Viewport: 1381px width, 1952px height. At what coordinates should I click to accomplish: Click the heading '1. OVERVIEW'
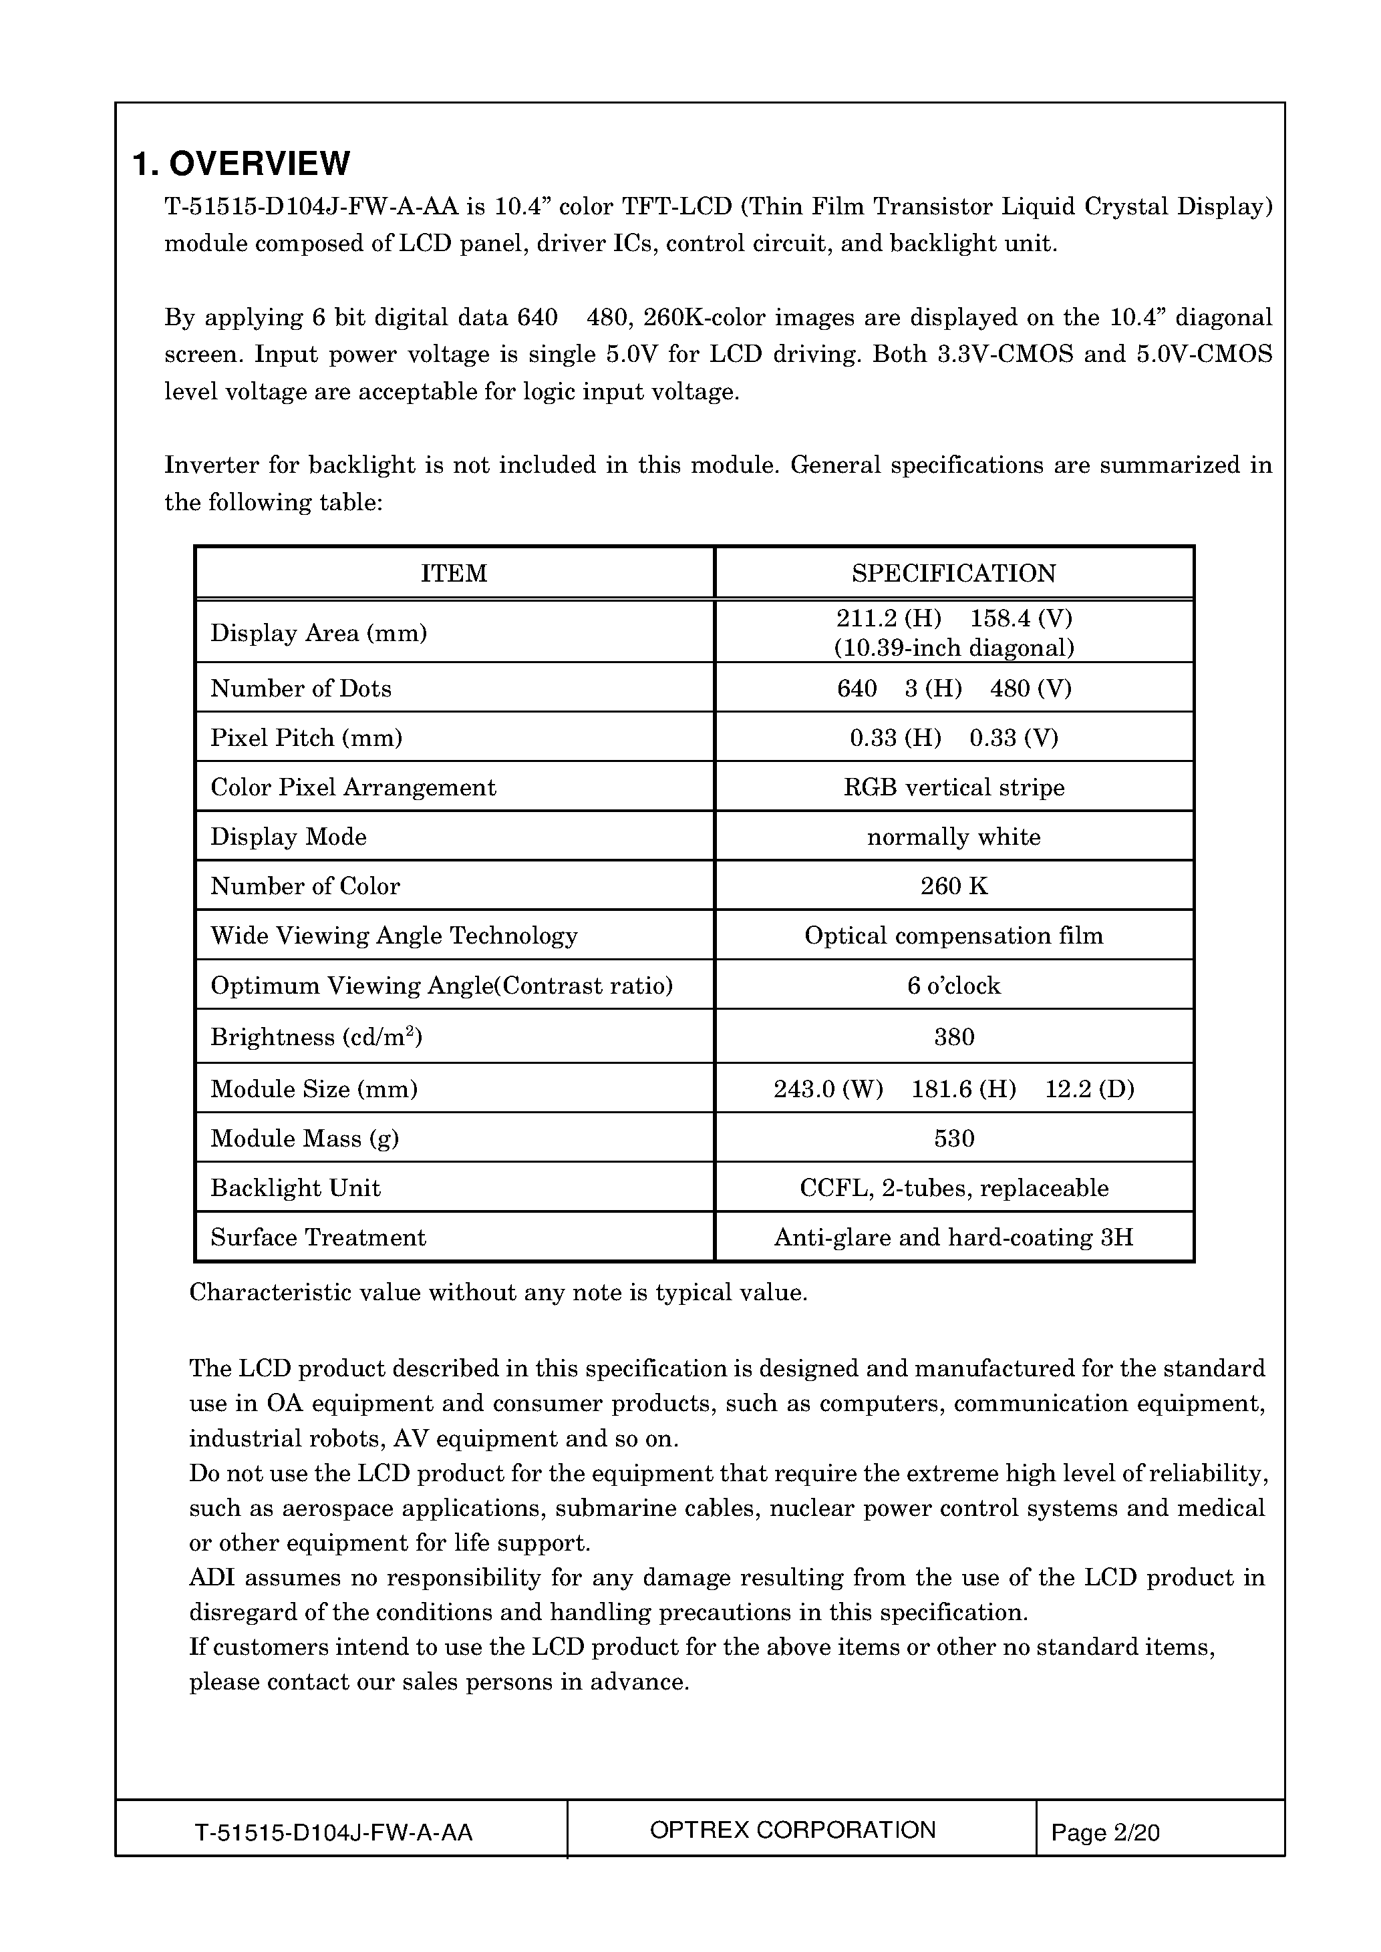click(x=241, y=163)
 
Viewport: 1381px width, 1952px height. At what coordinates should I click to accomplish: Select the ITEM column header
click(x=454, y=573)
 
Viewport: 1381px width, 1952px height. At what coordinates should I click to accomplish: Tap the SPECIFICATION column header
click(x=953, y=573)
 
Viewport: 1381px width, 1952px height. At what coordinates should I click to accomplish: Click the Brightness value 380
click(x=953, y=1036)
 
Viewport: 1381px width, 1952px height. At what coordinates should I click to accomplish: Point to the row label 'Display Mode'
click(x=288, y=837)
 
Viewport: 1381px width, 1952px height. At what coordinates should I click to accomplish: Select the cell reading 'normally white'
click(x=953, y=837)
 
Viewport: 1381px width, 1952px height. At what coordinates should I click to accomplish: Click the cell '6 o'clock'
click(x=953, y=986)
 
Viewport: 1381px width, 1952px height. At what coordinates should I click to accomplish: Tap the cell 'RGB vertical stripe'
click(x=953, y=787)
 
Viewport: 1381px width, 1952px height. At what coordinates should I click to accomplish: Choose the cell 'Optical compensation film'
click(x=953, y=936)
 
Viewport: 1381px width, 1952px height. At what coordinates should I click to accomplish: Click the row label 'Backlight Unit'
click(x=295, y=1187)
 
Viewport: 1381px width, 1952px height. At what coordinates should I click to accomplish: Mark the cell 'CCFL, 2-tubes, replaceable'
click(x=953, y=1187)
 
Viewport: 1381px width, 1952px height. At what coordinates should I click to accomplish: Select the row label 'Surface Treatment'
click(x=318, y=1237)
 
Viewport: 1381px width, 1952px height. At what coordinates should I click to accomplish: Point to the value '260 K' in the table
click(x=953, y=886)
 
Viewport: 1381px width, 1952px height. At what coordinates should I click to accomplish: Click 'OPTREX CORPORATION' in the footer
click(x=792, y=1830)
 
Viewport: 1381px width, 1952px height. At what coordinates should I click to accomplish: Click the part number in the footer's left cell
click(x=333, y=1832)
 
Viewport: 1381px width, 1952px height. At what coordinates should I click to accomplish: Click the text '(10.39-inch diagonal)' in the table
click(x=953, y=648)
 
